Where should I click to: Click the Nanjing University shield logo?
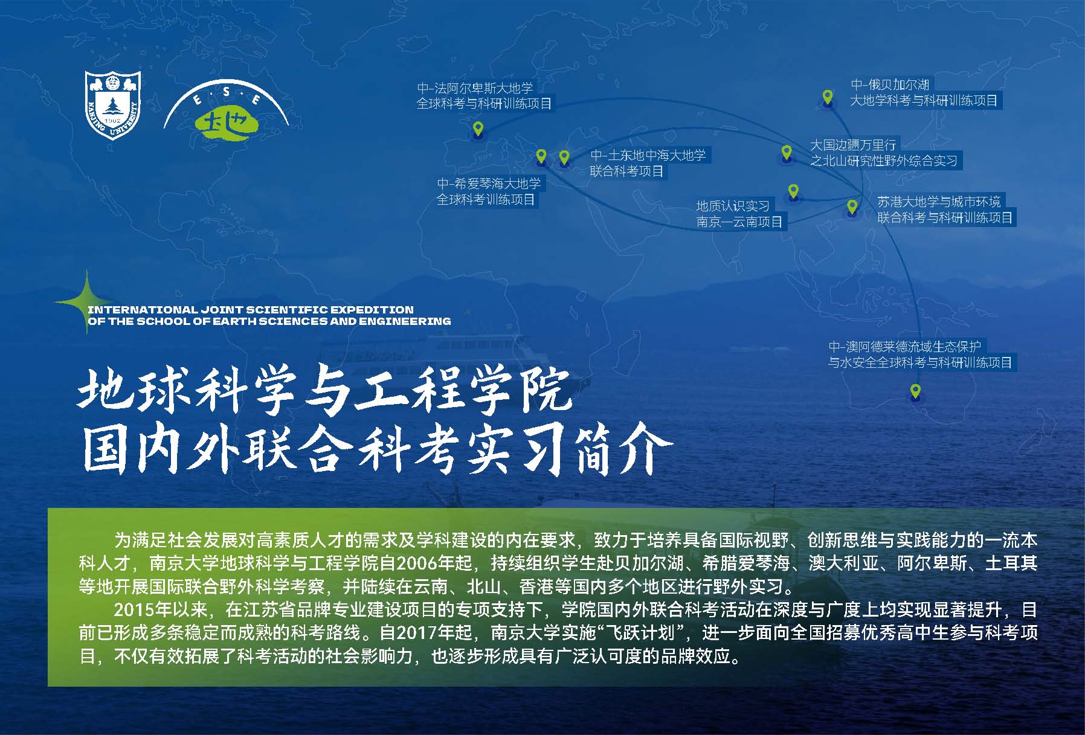(x=113, y=104)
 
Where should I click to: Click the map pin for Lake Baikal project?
(x=828, y=97)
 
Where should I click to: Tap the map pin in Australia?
(x=915, y=391)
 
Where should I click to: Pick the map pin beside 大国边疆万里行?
(x=786, y=152)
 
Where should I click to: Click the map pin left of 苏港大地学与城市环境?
(x=852, y=207)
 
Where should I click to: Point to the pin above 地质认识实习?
(x=793, y=192)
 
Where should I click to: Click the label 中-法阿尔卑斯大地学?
(x=475, y=88)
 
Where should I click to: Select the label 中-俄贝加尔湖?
(x=890, y=85)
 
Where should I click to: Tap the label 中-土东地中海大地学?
(x=648, y=155)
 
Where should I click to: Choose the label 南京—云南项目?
(x=739, y=222)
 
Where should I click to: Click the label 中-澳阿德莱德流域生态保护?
(x=904, y=347)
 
